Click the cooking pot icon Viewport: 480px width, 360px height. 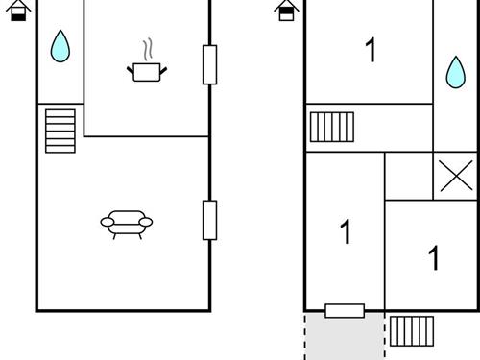[146, 71]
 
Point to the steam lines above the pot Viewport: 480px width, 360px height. [146, 49]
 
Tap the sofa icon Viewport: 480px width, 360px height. [126, 223]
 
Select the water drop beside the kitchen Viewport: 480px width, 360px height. [60, 46]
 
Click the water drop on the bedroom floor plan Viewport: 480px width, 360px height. [455, 72]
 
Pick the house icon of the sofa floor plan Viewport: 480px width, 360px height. [20, 11]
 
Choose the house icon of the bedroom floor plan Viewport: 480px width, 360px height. [286, 11]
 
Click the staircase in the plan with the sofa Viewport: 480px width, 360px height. [60, 130]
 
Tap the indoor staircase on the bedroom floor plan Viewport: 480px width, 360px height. [331, 127]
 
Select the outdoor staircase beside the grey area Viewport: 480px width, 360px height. [411, 330]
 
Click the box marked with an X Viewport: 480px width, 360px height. [455, 176]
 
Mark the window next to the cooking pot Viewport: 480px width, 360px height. [209, 64]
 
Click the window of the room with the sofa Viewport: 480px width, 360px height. [209, 220]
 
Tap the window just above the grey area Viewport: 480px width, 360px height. [345, 310]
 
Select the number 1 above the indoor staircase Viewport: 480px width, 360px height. [371, 50]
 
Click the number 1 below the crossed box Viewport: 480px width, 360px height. [434, 257]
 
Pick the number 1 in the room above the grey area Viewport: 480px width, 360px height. [345, 231]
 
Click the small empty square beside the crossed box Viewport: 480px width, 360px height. [408, 176]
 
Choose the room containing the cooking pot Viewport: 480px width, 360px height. [146, 96]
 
